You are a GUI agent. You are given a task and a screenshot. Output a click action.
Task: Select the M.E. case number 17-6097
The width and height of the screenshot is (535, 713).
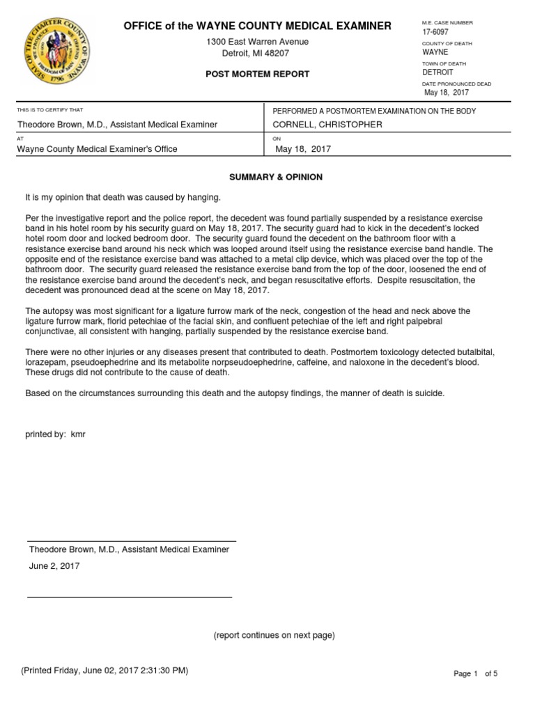tap(435, 32)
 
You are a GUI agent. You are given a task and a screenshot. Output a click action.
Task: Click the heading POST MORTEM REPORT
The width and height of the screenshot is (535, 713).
tap(257, 74)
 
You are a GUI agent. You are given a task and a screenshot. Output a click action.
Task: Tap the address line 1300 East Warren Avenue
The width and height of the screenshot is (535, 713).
tap(257, 42)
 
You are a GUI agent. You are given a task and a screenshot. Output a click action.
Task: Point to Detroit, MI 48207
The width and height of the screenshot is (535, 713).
tap(256, 54)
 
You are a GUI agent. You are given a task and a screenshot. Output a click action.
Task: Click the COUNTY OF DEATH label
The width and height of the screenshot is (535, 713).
tap(447, 43)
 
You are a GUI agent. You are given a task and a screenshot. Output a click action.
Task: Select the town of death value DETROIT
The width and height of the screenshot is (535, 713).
tap(437, 72)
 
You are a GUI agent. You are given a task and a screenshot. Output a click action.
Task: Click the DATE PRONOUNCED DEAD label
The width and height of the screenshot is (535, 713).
tap(456, 84)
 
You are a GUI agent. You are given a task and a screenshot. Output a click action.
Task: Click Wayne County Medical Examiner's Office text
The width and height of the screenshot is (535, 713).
tap(97, 149)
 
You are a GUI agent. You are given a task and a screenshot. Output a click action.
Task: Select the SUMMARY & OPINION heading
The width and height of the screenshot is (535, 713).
tap(276, 177)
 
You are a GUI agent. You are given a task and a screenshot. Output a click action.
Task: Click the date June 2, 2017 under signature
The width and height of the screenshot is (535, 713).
tap(54, 566)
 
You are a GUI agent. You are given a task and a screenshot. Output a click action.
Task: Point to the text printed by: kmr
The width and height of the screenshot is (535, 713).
tap(55, 434)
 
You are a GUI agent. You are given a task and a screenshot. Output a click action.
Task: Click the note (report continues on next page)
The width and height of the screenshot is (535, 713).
tap(274, 635)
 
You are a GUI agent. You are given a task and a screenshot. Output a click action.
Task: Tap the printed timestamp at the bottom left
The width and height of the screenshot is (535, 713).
tap(104, 671)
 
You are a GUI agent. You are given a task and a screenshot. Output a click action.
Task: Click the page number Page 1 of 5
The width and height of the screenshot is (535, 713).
tap(476, 673)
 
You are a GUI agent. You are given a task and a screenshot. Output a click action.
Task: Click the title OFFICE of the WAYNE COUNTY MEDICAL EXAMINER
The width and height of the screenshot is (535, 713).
tap(257, 26)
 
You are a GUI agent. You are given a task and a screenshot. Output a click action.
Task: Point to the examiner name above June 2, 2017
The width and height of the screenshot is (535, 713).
tap(129, 549)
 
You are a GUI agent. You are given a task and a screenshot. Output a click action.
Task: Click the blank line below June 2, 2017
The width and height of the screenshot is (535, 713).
tap(130, 597)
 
